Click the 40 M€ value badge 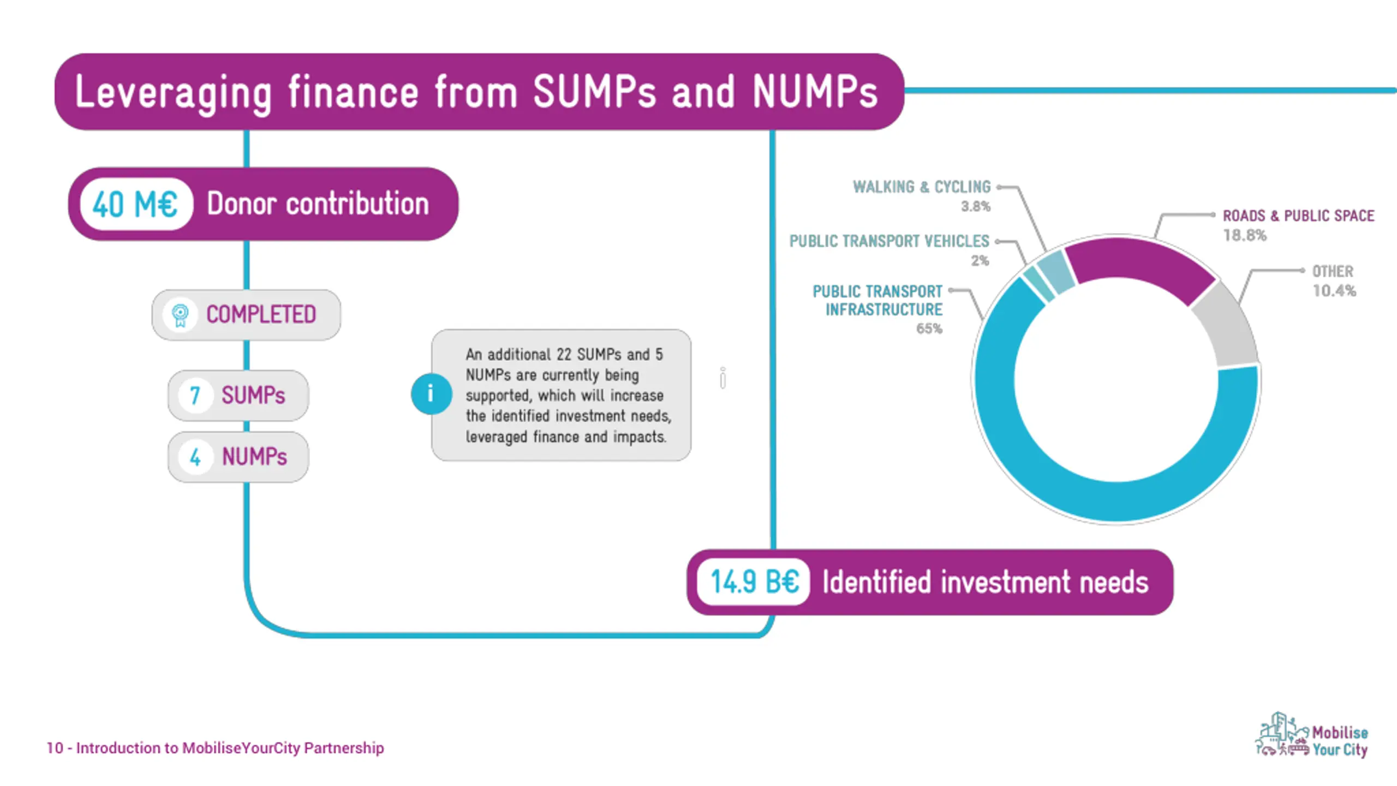(x=136, y=205)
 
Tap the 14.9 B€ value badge (x=754, y=582)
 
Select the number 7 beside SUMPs (x=195, y=396)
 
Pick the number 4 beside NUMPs (x=195, y=457)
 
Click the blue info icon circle (x=431, y=394)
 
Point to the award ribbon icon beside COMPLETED (x=180, y=315)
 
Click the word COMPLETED (x=261, y=315)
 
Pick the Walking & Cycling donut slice (x=1054, y=271)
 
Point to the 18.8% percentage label (x=1244, y=235)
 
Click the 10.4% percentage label (x=1334, y=291)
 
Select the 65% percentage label (x=929, y=329)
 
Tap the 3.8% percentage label (x=975, y=206)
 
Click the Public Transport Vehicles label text (x=889, y=241)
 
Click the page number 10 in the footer (x=55, y=748)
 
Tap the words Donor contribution (x=318, y=205)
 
